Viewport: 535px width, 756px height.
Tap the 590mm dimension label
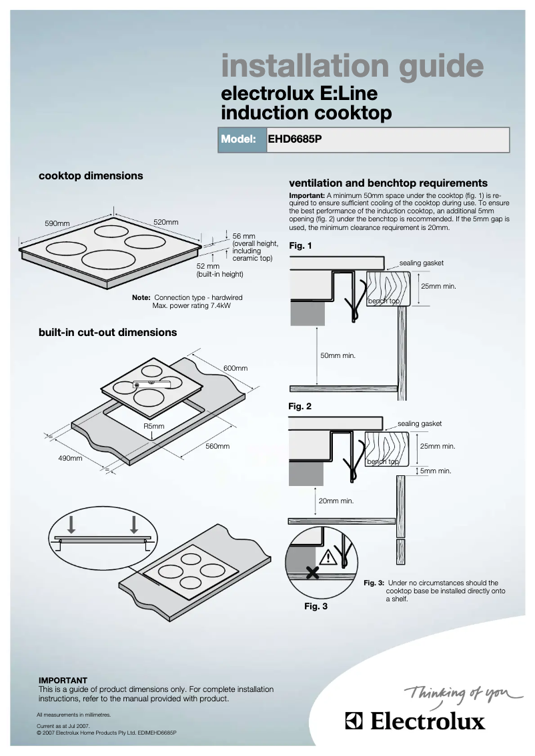point(58,224)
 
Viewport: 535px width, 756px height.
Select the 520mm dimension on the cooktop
point(166,221)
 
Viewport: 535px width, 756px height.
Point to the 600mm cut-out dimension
point(235,368)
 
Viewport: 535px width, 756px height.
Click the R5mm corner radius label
point(153,426)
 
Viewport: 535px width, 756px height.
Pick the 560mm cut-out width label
point(217,446)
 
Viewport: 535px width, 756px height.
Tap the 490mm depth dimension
point(70,459)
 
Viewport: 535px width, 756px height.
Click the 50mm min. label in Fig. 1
point(338,356)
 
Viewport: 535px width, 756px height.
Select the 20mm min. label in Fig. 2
point(336,501)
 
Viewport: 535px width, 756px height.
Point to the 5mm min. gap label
point(436,471)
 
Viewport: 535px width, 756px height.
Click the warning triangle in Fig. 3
point(328,558)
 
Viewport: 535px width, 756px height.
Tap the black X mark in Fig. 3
point(312,572)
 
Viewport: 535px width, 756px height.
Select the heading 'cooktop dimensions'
point(91,176)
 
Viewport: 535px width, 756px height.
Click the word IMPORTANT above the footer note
point(63,681)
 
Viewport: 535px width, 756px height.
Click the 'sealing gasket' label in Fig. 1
point(422,263)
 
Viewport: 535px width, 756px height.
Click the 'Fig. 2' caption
point(300,405)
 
